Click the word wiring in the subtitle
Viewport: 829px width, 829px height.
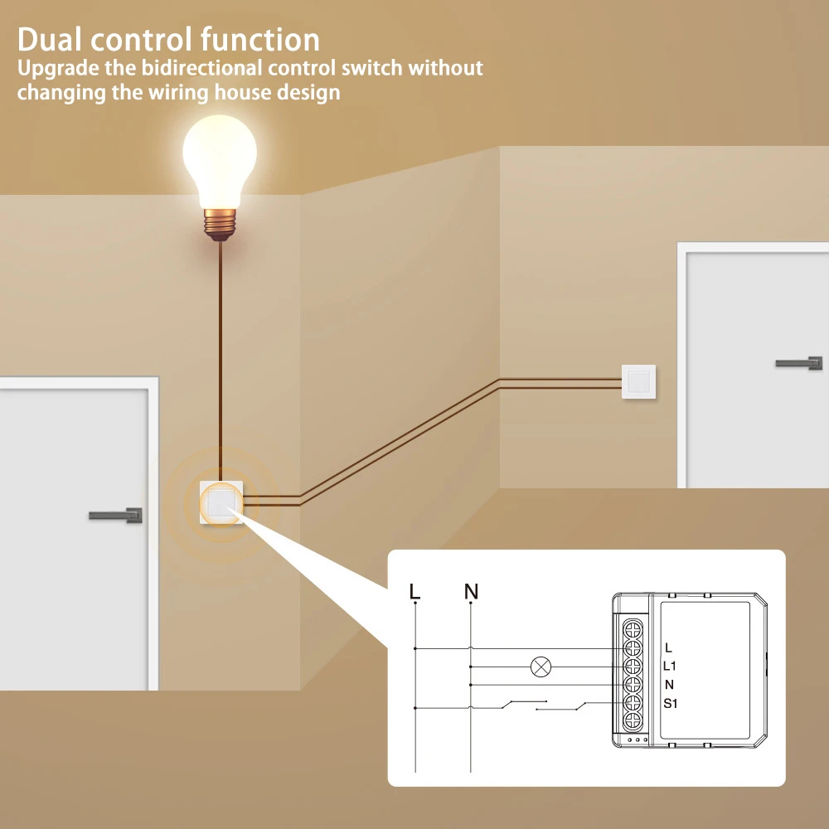(x=177, y=91)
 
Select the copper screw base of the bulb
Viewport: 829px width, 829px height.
(x=220, y=222)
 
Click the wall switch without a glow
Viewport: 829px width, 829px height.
(x=638, y=382)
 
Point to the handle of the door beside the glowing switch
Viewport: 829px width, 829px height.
(x=115, y=515)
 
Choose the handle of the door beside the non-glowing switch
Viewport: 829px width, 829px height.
(x=799, y=363)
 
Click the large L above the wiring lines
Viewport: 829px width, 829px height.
(x=415, y=592)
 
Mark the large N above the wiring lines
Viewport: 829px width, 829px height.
(x=471, y=592)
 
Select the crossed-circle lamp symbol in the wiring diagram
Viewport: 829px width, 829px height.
(x=541, y=666)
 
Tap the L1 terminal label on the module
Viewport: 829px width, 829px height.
(x=671, y=666)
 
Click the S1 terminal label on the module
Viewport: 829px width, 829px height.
(x=671, y=704)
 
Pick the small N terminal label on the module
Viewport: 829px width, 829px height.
(x=669, y=685)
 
